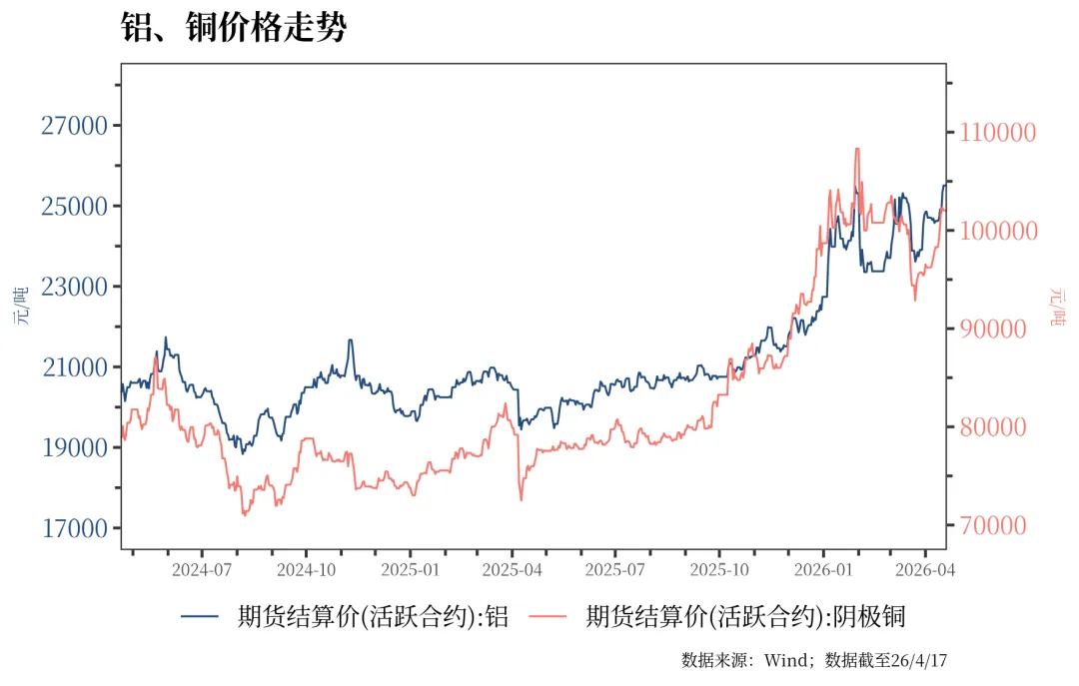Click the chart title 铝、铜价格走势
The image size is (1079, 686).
233,28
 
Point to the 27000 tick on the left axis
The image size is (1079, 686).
74,126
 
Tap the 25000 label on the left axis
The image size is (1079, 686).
74,207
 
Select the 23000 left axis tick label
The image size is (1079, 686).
74,288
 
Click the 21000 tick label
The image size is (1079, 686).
74,367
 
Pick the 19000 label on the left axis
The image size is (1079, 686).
74,448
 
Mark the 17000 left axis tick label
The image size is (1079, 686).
74,528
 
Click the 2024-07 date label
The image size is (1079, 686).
202,570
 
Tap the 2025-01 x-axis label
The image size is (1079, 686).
410,570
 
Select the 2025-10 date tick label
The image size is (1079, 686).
719,570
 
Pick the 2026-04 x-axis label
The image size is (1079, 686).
925,570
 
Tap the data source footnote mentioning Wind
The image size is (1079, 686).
813,661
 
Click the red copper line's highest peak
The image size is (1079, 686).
857,150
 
